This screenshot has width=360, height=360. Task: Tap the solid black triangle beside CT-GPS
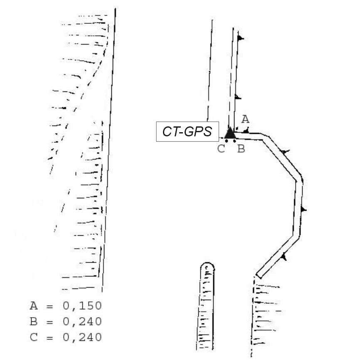pyautogui.click(x=229, y=133)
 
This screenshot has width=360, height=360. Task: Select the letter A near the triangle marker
pyautogui.click(x=245, y=119)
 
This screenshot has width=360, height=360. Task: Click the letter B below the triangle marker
pyautogui.click(x=241, y=148)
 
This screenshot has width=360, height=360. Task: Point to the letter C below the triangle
pyautogui.click(x=221, y=148)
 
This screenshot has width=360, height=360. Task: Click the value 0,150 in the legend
pyautogui.click(x=82, y=306)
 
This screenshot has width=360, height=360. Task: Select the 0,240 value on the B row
pyautogui.click(x=82, y=321)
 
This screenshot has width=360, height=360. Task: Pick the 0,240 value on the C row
pyautogui.click(x=82, y=337)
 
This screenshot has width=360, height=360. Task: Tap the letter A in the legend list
pyautogui.click(x=34, y=306)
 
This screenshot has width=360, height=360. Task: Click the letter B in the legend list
pyautogui.click(x=34, y=321)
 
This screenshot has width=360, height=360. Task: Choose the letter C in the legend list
pyautogui.click(x=34, y=337)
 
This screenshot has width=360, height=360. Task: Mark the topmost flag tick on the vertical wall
pyautogui.click(x=240, y=38)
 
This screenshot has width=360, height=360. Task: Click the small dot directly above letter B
pyautogui.click(x=234, y=141)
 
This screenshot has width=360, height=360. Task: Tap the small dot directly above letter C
pyautogui.click(x=226, y=141)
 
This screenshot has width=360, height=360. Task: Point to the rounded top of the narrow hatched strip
pyautogui.click(x=207, y=266)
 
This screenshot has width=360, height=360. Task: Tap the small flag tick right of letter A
pyautogui.click(x=247, y=131)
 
